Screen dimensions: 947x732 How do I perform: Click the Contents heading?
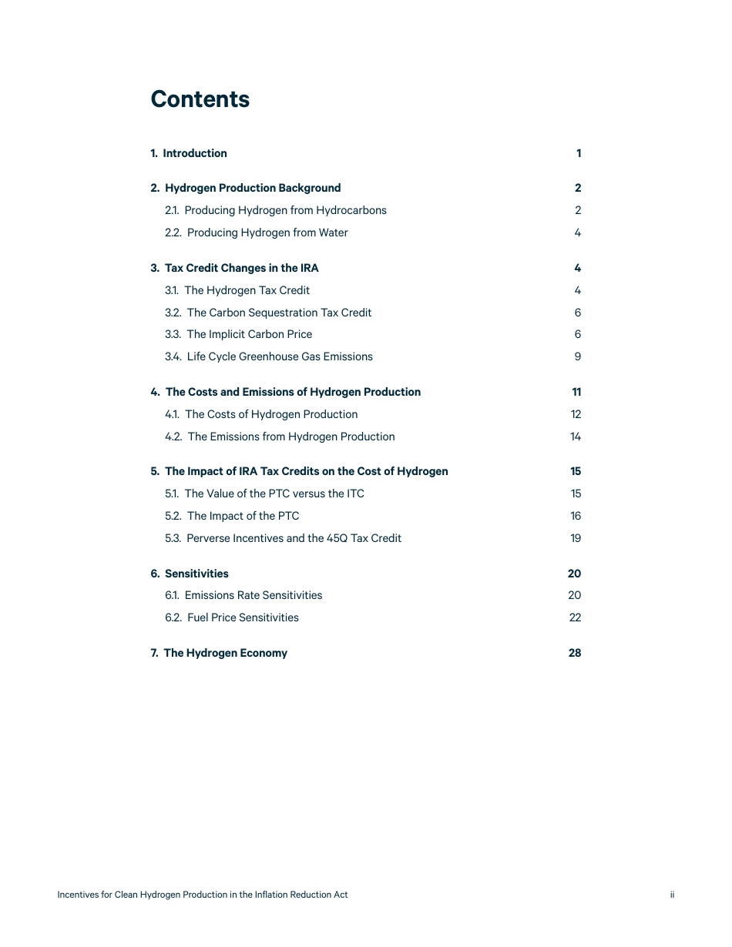(200, 99)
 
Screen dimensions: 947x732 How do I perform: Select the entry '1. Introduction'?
(189, 153)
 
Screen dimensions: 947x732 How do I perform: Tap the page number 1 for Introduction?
(579, 153)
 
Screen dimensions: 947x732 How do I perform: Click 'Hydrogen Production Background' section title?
(252, 188)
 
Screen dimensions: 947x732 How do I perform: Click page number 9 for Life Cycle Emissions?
(578, 356)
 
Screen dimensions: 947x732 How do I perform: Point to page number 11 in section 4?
(576, 392)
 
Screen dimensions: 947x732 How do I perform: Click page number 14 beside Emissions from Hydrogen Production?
(576, 437)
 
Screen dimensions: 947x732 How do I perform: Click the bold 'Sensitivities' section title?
(196, 574)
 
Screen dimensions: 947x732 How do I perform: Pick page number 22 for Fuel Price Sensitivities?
(575, 617)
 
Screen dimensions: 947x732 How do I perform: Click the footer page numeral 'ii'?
(672, 895)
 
